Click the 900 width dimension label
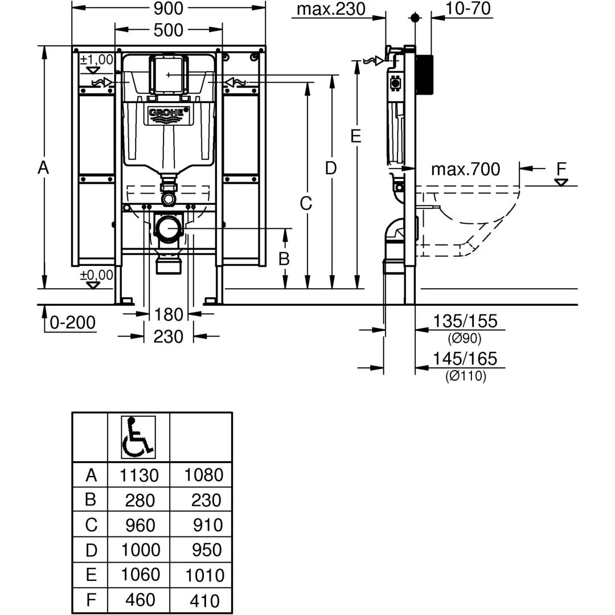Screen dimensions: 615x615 (169, 8)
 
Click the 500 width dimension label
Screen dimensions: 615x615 (169, 30)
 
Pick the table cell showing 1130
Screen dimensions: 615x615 (140, 475)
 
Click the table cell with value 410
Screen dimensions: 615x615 (203, 600)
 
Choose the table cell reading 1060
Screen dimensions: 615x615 (140, 575)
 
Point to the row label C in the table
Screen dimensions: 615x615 (91, 525)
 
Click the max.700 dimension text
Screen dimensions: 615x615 (465, 170)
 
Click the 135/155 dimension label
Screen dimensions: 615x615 (465, 321)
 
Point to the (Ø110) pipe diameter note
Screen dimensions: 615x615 (465, 376)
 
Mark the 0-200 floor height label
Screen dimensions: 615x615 (73, 323)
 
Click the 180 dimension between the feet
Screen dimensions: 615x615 (169, 314)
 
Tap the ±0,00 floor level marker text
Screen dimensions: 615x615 (96, 274)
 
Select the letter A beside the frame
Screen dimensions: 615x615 (43, 169)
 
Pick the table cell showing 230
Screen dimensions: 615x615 (203, 500)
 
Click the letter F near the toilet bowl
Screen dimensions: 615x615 (562, 169)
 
